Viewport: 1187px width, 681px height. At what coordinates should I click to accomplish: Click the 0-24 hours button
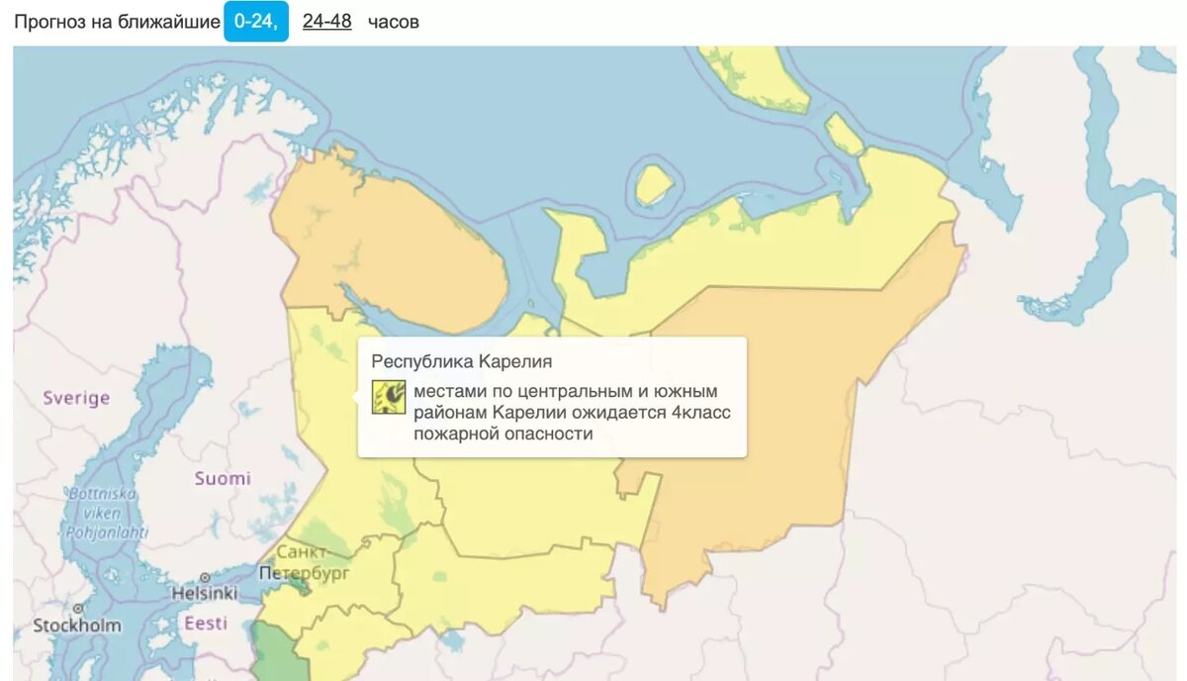pos(255,21)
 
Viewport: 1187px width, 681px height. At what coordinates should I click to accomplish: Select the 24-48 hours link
pos(327,21)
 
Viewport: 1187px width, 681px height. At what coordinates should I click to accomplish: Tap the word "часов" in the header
pos(394,22)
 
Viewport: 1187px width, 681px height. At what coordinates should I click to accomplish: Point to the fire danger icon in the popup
pos(389,397)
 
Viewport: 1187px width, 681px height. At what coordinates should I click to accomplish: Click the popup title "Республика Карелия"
pos(461,361)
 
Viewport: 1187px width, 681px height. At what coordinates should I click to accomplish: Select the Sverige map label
pos(75,398)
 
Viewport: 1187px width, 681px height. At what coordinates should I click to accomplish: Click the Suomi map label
pos(223,478)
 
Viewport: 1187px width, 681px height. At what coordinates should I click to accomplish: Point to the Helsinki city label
pos(205,594)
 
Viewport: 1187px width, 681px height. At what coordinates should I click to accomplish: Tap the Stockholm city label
pos(77,626)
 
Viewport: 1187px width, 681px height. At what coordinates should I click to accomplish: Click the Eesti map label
pos(205,624)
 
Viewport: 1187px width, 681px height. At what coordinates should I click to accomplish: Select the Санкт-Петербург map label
pos(304,562)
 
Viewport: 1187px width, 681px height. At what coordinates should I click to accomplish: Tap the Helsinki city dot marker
pos(205,577)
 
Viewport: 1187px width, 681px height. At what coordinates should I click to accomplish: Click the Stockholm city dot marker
pos(77,609)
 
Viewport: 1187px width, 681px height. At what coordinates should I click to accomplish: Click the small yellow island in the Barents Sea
pos(653,184)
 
